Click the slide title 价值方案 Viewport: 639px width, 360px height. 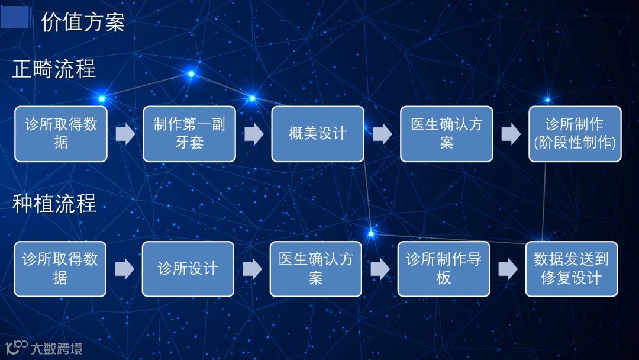(82, 22)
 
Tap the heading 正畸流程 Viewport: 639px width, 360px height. (54, 69)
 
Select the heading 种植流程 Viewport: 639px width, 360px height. (54, 204)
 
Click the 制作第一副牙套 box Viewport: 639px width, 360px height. (189, 134)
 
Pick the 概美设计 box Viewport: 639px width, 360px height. (318, 134)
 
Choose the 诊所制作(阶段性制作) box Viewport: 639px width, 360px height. (575, 134)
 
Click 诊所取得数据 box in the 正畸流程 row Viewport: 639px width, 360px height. (61, 134)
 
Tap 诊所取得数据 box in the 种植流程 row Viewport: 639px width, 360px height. (60, 269)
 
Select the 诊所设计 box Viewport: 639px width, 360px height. (188, 269)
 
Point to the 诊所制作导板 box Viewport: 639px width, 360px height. (444, 269)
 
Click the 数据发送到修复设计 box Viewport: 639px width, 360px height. (572, 269)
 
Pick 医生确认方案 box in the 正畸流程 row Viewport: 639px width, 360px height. (446, 134)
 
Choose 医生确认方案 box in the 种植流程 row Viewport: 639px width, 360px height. (316, 269)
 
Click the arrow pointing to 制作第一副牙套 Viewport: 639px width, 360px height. (125, 134)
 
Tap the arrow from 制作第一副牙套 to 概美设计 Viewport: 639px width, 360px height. (253, 134)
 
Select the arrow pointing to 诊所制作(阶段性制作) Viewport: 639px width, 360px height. (511, 134)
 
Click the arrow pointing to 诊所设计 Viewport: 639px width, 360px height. (124, 269)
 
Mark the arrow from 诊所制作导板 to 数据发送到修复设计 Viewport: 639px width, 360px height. (508, 269)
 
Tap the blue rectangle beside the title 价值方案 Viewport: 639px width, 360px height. (16, 17)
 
